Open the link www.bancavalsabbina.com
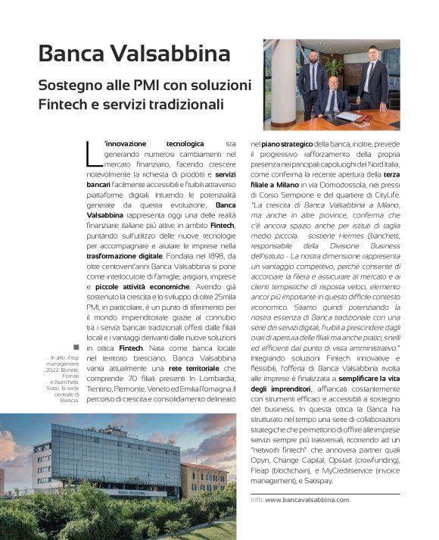coord(307,500)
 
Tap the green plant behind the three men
coord(337,68)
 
